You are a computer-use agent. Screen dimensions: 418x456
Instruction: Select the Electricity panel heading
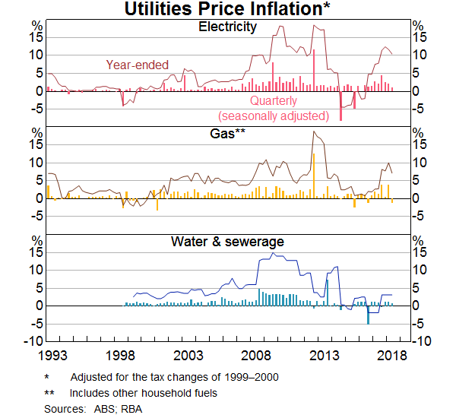[x=227, y=27]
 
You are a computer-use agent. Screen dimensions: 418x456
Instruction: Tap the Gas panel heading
[x=226, y=135]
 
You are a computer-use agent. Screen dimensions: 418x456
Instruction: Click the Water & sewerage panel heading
[x=227, y=242]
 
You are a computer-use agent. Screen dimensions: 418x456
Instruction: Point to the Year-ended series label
[x=138, y=65]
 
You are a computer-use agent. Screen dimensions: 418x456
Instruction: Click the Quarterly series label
[x=274, y=101]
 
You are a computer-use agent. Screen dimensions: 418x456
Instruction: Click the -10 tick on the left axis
[x=33, y=341]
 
